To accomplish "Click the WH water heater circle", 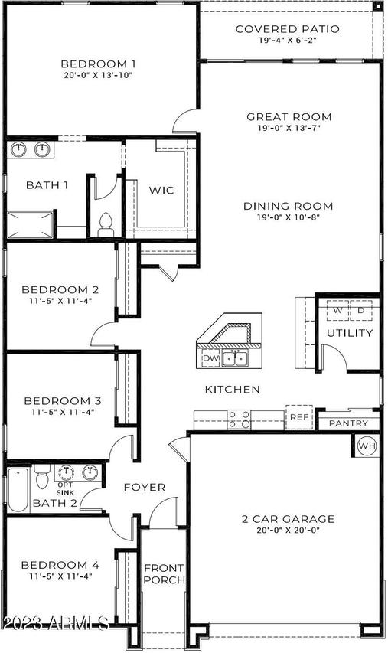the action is pos(367,446).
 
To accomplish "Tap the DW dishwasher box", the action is pos(210,358).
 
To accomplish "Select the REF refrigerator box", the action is pos(299,417).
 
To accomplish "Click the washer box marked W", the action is pos(337,310).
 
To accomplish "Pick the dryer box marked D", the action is pos(361,310).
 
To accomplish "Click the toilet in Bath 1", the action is pos(106,224).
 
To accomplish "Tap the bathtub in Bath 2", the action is pos(18,490).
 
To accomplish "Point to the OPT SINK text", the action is pos(65,488).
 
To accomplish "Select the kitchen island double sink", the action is pos(234,358).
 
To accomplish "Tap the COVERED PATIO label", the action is pos(287,29).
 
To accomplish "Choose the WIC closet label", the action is pos(161,191).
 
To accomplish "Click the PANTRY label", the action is pos(348,423).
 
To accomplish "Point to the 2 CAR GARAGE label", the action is pos(288,519).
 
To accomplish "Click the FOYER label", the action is pos(145,487).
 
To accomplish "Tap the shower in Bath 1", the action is pos(31,225).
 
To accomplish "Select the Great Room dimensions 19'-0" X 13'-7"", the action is pos(289,128).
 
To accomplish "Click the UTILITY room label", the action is pos(350,333).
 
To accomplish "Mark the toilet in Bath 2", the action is pos(41,476).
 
